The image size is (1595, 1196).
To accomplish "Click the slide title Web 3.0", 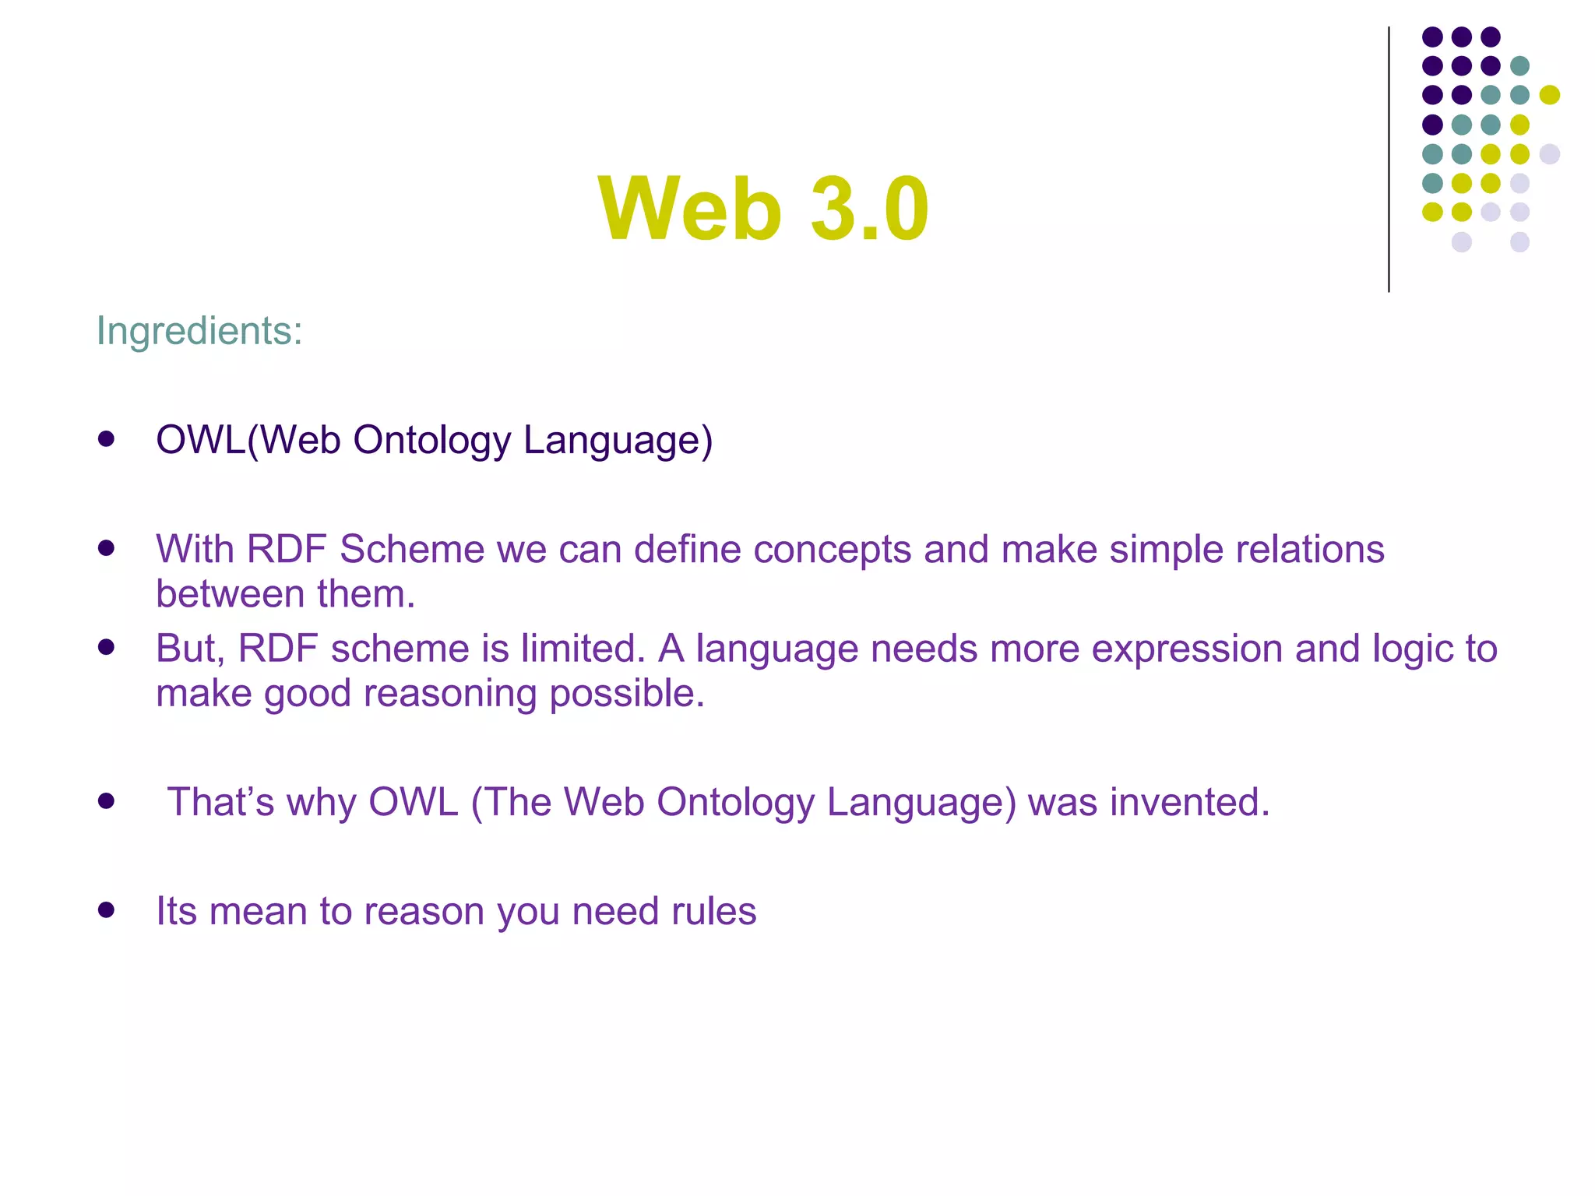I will point(763,209).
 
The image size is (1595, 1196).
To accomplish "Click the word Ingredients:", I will point(199,331).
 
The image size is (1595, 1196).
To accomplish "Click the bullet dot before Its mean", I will point(107,910).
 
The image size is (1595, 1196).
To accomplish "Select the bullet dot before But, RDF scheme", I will point(107,646).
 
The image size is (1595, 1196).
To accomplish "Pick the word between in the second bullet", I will point(219,594).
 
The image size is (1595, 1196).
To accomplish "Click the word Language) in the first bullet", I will point(618,440).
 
